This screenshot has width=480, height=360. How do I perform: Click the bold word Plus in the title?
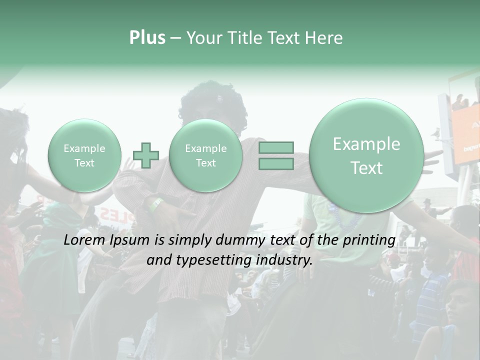(x=147, y=38)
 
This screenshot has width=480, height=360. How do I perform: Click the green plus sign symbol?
(x=146, y=155)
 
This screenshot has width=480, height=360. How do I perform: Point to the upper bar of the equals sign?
(x=276, y=147)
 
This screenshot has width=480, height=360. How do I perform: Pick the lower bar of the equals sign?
(x=276, y=163)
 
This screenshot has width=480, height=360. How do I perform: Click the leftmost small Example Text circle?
(x=84, y=155)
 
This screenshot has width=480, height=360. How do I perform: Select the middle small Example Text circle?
(x=205, y=155)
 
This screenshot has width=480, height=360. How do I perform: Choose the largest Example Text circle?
(x=366, y=155)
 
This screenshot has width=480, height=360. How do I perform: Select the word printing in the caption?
(x=369, y=241)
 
